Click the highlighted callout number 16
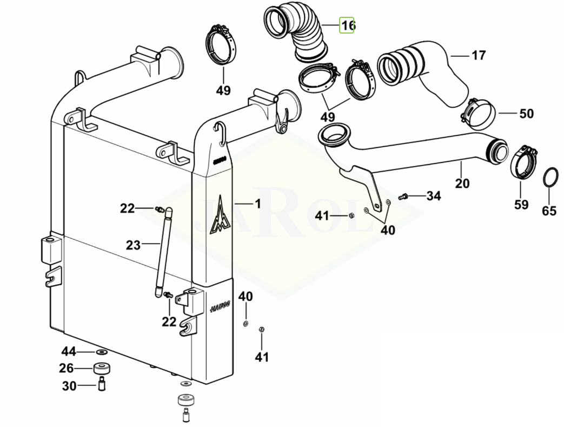pos(347,25)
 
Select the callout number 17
pos(479,55)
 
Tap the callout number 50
pos(526,114)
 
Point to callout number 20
pos(462,183)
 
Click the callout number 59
pos(520,204)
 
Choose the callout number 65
pos(549,211)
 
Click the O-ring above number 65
pos(550,177)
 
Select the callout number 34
pos(434,195)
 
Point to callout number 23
pos(133,245)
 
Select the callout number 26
pos(66,369)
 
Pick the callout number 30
pos(69,386)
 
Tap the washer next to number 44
pos(101,352)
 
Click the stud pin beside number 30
pos(101,385)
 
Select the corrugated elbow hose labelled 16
pos(297,32)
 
